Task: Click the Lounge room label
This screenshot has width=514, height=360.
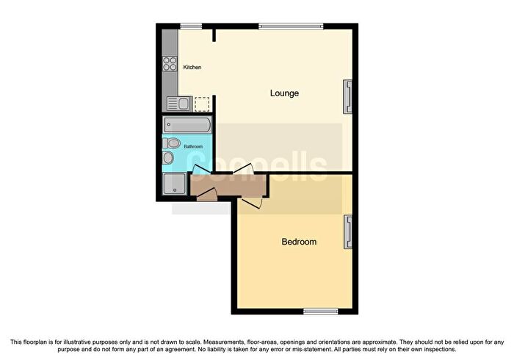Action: (284, 93)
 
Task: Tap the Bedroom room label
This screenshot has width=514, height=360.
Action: (299, 242)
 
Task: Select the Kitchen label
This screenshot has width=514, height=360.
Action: (192, 67)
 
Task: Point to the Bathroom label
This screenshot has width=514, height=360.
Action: (193, 146)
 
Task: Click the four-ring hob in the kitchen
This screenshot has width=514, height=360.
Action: (170, 64)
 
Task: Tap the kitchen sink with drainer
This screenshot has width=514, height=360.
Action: (179, 104)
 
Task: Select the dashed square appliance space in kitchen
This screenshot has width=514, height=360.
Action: (202, 104)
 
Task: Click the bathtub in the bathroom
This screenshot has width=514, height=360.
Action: (187, 125)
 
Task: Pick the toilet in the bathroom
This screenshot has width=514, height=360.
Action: (171, 143)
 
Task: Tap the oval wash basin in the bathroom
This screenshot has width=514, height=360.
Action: (168, 158)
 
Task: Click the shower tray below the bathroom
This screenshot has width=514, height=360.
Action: (175, 183)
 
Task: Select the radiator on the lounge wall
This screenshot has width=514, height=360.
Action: (347, 97)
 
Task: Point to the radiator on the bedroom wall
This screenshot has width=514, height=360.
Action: (347, 232)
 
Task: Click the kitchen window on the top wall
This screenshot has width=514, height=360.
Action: (191, 26)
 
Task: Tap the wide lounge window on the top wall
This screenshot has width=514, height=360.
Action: (291, 26)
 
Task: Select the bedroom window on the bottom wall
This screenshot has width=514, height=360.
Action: (321, 312)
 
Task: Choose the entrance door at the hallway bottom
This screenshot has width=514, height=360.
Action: (207, 195)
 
